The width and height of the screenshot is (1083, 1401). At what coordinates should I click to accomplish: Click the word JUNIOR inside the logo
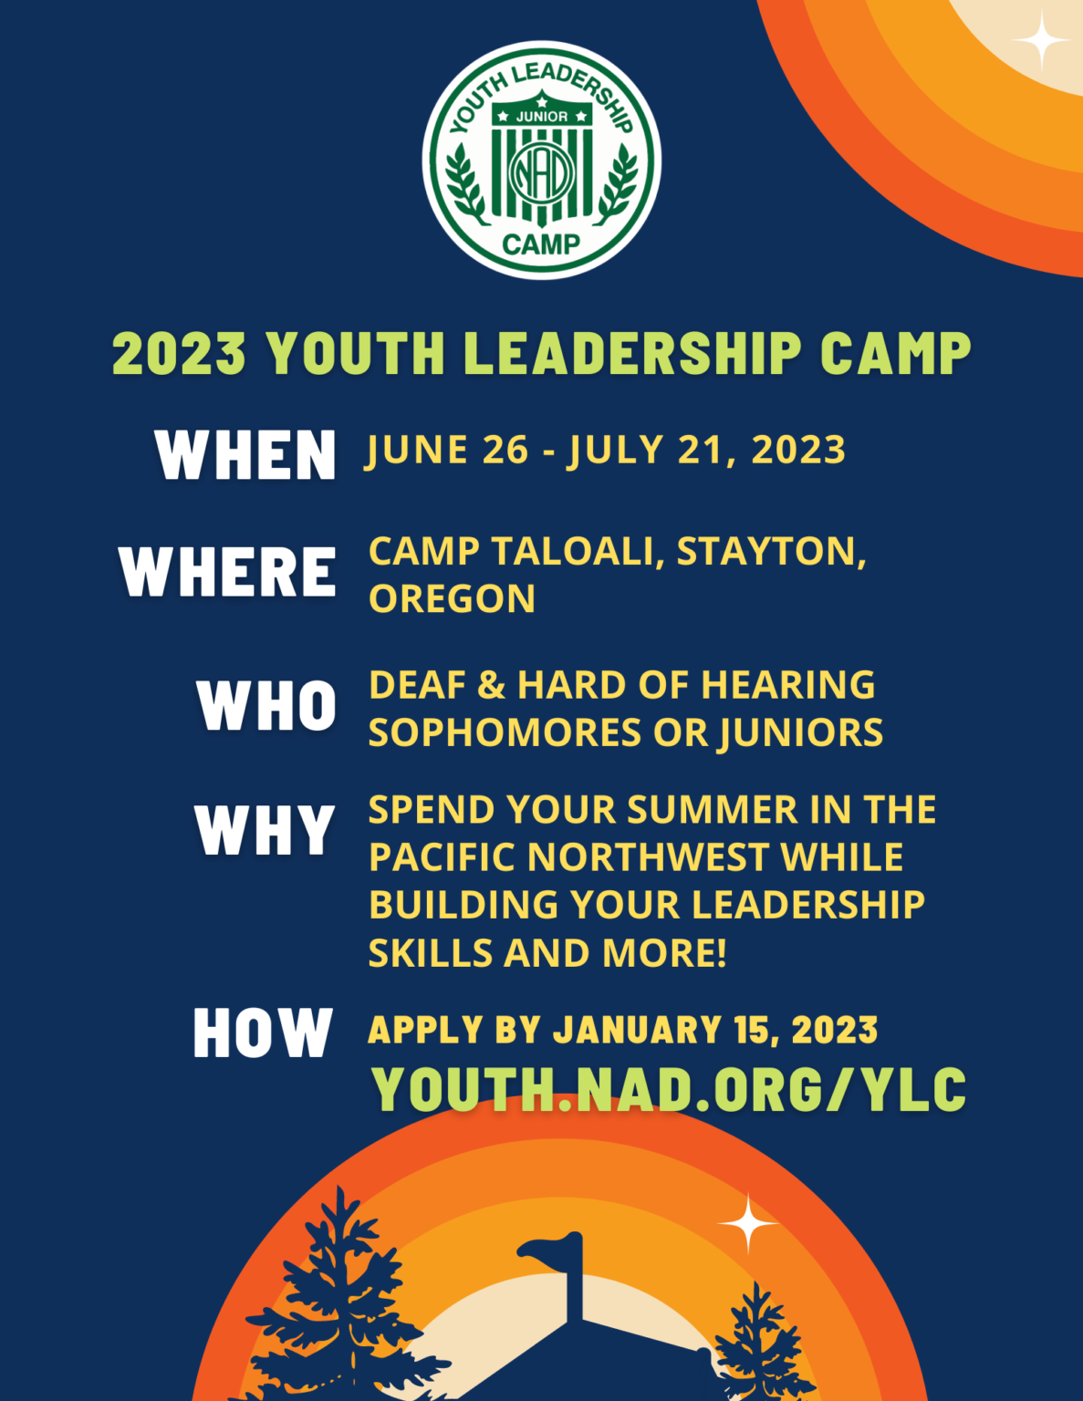542,117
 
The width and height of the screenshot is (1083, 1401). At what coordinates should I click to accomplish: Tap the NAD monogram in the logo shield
542,172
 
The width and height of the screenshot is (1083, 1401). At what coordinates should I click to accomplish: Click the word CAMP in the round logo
541,244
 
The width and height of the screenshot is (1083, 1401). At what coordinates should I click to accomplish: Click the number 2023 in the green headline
179,353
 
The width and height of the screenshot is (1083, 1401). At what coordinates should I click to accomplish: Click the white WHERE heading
228,572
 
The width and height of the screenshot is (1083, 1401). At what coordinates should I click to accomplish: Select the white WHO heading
266,705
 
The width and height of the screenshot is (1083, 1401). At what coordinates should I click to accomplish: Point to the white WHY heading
265,830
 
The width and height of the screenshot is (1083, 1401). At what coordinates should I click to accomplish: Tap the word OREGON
452,599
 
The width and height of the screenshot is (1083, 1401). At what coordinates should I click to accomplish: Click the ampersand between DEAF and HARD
491,685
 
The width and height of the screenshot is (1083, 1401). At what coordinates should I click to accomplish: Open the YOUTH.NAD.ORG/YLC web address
669,1089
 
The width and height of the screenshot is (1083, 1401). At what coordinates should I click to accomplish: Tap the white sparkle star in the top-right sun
1040,41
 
